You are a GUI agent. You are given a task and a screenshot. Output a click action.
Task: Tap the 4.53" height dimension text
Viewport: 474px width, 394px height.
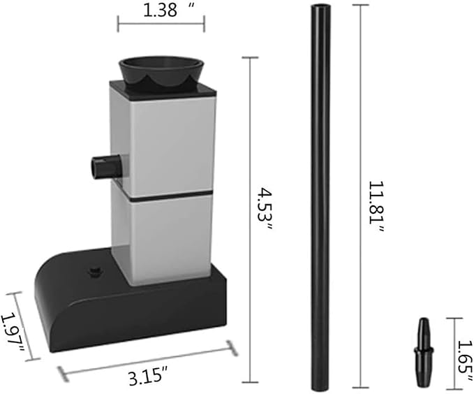coord(265,209)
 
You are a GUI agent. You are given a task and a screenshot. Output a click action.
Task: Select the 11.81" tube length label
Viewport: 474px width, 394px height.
coord(376,207)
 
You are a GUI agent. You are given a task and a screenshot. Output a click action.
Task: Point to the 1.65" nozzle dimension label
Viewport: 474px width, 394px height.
coord(465,360)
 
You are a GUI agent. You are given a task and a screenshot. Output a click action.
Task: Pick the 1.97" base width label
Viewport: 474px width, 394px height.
coord(13,333)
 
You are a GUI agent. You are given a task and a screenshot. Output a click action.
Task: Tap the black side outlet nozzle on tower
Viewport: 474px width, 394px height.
coord(108,166)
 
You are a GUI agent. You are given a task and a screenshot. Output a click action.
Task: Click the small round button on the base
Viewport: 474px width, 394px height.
coord(95,272)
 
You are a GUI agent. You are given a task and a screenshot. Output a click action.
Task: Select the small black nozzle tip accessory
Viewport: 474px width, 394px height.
coord(424,352)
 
